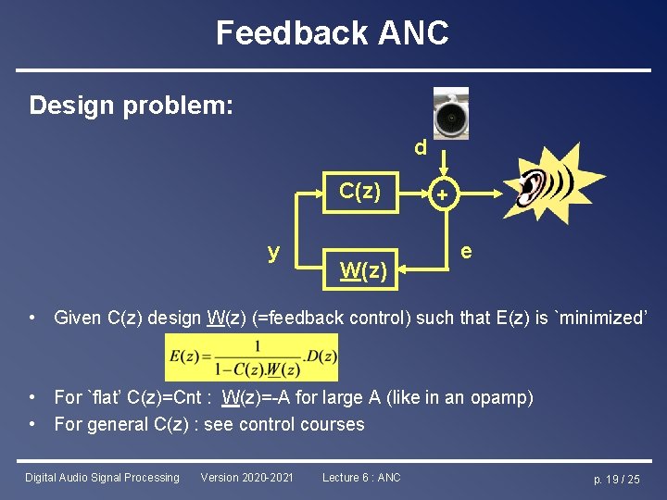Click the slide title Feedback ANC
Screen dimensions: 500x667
(333, 33)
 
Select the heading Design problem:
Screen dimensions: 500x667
(131, 106)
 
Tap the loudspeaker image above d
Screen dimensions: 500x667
(451, 115)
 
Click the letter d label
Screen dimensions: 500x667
(421, 149)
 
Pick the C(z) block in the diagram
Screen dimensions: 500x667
(359, 192)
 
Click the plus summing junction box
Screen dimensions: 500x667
(443, 194)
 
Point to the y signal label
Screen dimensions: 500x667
(273, 252)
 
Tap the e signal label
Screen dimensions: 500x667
(466, 251)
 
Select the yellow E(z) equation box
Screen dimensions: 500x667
(251, 357)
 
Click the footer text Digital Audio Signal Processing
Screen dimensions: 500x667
(102, 478)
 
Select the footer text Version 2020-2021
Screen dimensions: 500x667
(246, 478)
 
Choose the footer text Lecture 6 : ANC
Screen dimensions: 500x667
(361, 478)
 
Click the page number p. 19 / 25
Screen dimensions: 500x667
(616, 479)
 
